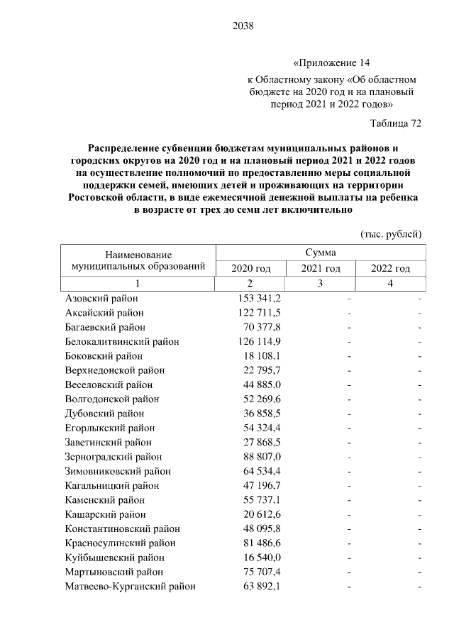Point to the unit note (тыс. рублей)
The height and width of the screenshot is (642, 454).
[392, 233]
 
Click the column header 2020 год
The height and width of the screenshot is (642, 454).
[251, 268]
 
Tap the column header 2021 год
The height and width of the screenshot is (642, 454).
[321, 268]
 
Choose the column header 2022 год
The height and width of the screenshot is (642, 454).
[391, 268]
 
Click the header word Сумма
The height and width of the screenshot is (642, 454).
[321, 253]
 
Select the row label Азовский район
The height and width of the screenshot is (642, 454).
[101, 299]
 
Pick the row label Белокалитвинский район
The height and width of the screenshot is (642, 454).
[122, 341]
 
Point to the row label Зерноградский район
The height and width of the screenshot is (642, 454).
[113, 457]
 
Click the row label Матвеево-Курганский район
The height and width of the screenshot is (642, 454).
[130, 587]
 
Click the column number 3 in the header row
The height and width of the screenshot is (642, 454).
[321, 283]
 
